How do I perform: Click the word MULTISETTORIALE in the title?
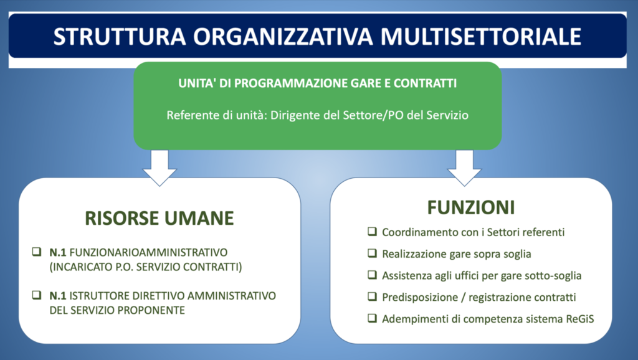click(480, 36)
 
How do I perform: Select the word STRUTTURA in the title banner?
click(120, 36)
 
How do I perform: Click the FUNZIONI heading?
click(471, 207)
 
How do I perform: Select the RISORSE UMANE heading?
click(159, 218)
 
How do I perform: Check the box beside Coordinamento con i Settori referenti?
click(372, 232)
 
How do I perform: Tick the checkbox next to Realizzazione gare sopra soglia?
click(372, 253)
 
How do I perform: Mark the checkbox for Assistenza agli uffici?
click(372, 275)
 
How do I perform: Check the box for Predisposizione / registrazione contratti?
click(372, 296)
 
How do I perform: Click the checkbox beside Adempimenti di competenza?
click(372, 318)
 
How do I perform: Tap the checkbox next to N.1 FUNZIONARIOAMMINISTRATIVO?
click(37, 252)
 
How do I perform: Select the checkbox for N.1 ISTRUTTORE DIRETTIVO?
click(37, 295)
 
